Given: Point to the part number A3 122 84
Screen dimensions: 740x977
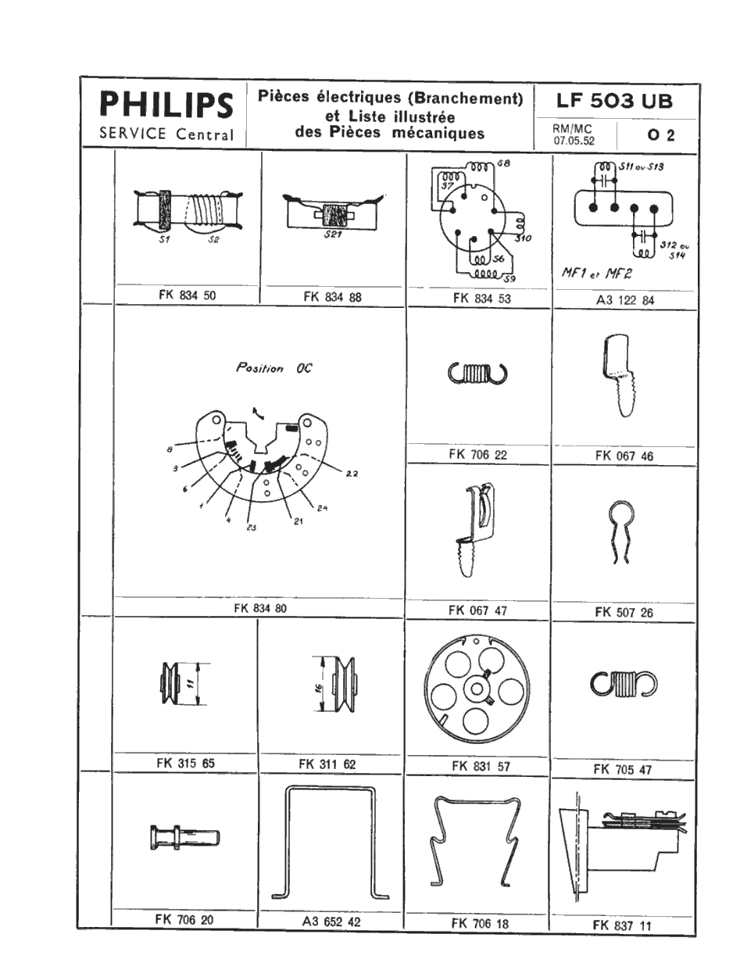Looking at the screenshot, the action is (x=622, y=298).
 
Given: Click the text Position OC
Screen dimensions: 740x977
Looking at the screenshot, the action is (x=273, y=368).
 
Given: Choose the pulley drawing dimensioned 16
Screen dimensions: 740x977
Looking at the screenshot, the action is (x=341, y=682).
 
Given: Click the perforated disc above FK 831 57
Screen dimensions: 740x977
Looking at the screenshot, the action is (x=475, y=689).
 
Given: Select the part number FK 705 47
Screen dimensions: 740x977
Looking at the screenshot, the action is (x=622, y=769).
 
